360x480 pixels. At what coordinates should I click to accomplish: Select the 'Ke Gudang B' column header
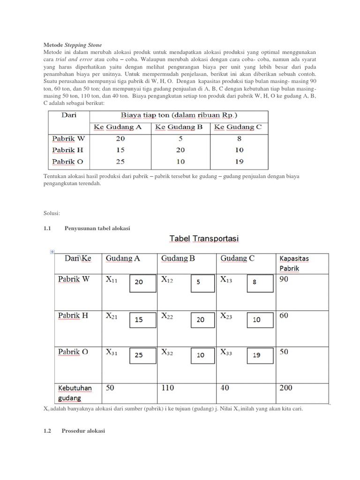point(180,127)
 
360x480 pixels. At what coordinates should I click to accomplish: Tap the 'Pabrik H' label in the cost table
point(67,150)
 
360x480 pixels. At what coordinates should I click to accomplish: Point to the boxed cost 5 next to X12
point(199,283)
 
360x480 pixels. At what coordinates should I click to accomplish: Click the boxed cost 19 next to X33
point(256,355)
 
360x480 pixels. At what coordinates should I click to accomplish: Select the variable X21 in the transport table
point(112,316)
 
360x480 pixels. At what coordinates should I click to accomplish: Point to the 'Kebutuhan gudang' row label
point(75,393)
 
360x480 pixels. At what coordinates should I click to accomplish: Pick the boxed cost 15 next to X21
point(139,319)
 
